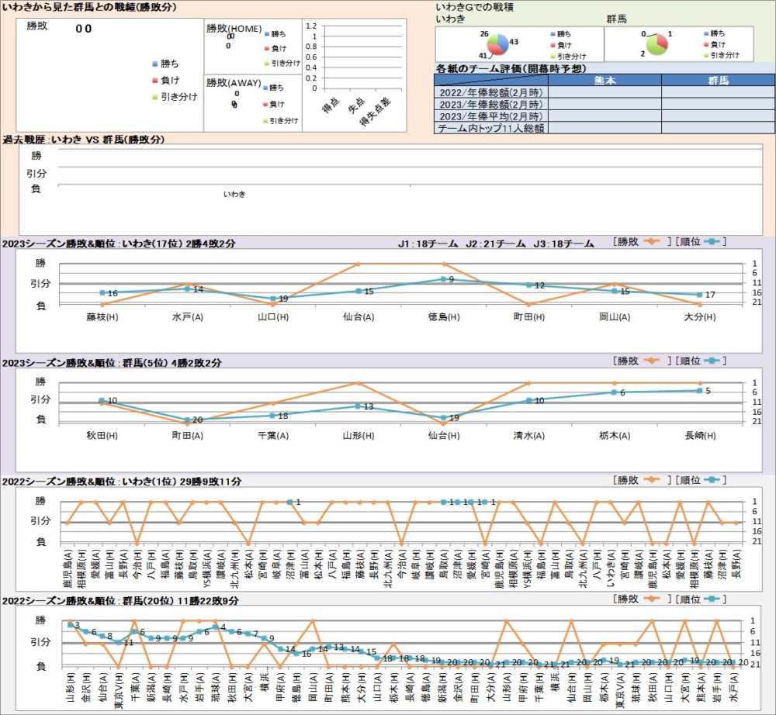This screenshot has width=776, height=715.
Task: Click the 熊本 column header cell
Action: pyautogui.click(x=605, y=80)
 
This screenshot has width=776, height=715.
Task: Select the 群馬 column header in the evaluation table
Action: pyautogui.click(x=718, y=80)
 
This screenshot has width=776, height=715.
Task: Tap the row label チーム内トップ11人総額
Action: pyautogui.click(x=490, y=128)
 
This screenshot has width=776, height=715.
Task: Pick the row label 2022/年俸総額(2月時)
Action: pyautogui.click(x=490, y=92)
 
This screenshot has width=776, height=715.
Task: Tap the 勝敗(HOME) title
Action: pyautogui.click(x=234, y=29)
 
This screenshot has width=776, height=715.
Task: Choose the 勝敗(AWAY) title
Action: pyautogui.click(x=234, y=81)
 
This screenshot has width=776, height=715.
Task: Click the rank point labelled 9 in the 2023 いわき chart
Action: pyautogui.click(x=443, y=279)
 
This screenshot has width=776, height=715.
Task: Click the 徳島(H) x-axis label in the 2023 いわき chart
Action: pyautogui.click(x=443, y=316)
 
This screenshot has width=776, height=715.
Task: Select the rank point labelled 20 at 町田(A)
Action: pyautogui.click(x=187, y=420)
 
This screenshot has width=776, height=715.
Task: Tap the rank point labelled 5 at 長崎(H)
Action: pyautogui.click(x=699, y=391)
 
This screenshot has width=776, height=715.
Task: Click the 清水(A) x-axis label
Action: pyautogui.click(x=528, y=435)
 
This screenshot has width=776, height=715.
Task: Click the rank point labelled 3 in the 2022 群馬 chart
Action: pyautogui.click(x=71, y=624)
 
